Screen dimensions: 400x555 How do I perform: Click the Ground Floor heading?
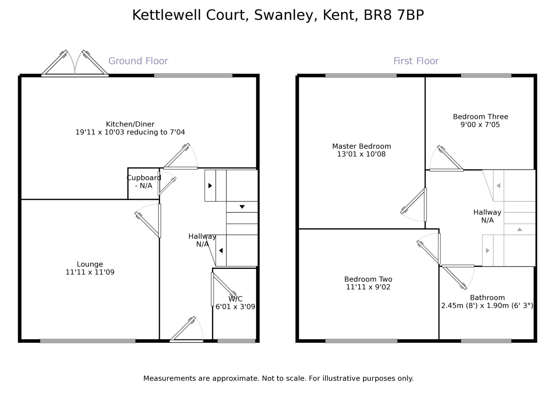[138, 61]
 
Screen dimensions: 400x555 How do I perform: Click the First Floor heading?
[416, 61]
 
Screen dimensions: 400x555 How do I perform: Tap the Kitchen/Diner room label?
[130, 124]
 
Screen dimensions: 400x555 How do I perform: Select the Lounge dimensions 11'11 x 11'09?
[90, 272]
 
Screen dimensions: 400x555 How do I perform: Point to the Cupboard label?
[144, 178]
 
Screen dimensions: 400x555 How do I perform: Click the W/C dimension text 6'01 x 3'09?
[235, 307]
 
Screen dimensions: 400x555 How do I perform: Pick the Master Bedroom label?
[362, 146]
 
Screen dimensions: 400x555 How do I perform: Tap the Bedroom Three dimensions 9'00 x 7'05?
[480, 125]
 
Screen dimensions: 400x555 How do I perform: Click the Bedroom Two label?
[368, 279]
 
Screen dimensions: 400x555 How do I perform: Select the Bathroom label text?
[487, 297]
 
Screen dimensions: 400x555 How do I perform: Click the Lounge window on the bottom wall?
[88, 341]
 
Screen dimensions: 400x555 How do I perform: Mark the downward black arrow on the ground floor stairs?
[242, 207]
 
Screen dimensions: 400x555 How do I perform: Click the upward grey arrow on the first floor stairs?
[519, 229]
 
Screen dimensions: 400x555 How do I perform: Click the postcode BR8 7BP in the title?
[394, 15]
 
